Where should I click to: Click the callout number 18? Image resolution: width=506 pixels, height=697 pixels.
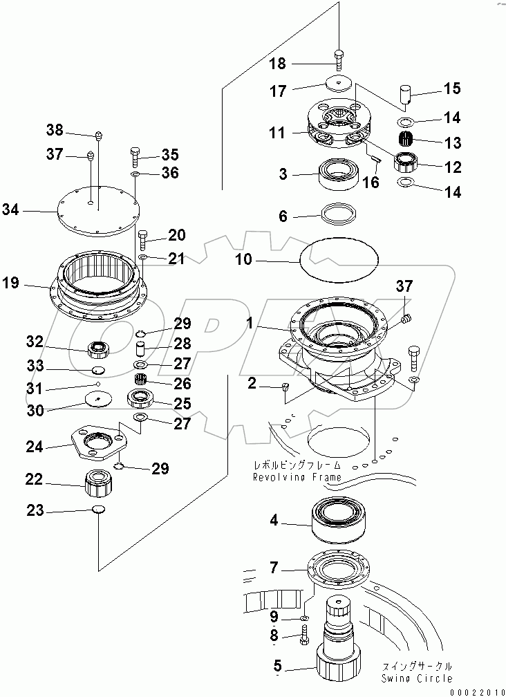tap(277, 64)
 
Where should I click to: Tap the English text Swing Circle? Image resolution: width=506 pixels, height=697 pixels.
tap(417, 678)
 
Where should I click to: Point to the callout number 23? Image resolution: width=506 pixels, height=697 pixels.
tap(35, 511)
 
